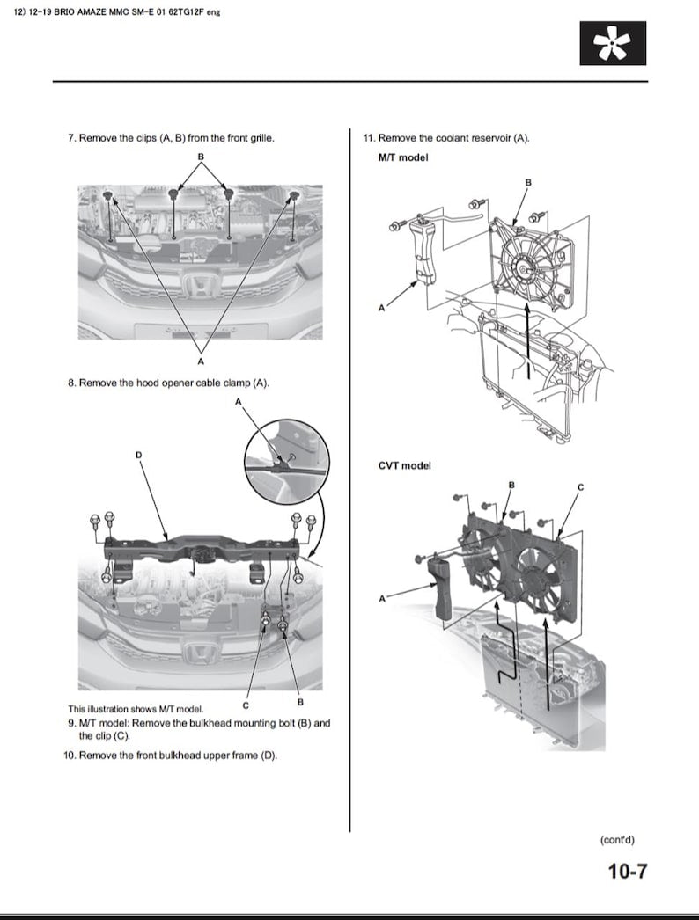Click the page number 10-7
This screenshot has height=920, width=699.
click(x=627, y=872)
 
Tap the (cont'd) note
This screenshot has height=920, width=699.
click(x=616, y=840)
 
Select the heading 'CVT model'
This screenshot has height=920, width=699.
click(x=404, y=465)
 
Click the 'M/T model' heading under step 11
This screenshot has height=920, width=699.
click(x=402, y=157)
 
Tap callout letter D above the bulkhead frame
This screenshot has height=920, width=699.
click(x=138, y=455)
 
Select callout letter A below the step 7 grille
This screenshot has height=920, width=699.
click(x=201, y=361)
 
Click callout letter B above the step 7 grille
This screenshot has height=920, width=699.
click(x=201, y=157)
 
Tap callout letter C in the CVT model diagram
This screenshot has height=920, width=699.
click(x=580, y=486)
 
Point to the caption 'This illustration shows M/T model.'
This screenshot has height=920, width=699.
click(x=136, y=709)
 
